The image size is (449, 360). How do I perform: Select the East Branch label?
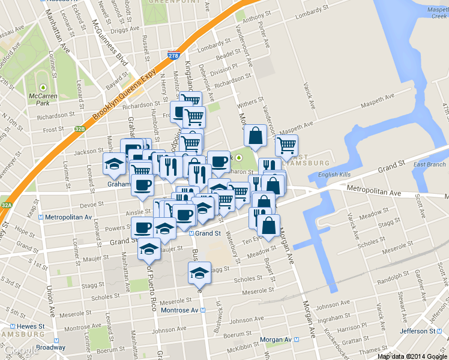429,164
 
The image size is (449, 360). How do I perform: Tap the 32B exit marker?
80,128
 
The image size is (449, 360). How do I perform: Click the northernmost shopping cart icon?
191,100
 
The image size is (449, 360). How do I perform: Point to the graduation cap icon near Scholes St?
200,272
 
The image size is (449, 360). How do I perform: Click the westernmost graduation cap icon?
114,163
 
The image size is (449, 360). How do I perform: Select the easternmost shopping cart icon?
286,145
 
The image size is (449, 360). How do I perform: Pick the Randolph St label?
387,281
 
